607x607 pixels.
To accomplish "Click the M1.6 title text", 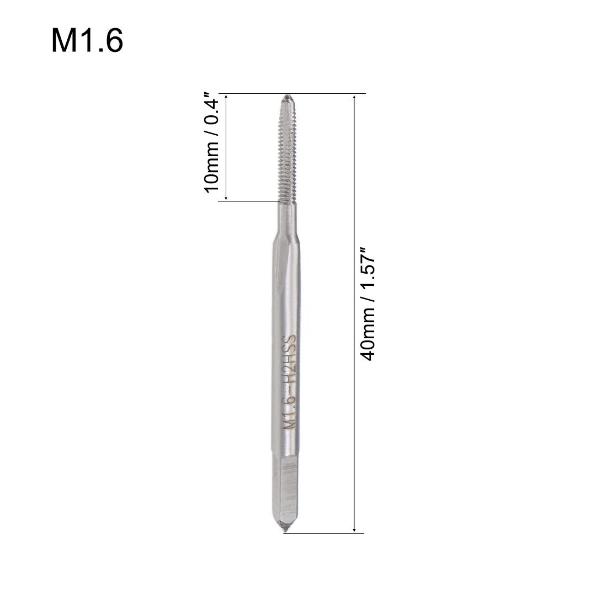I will tap(87, 41).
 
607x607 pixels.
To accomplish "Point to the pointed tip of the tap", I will tap(287, 98).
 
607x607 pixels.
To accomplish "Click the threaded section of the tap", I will tap(286, 149).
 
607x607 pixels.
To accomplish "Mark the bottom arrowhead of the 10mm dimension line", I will tap(226, 198).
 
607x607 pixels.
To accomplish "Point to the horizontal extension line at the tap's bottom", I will tap(326, 534).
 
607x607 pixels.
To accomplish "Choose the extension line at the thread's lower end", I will tap(248, 201).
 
